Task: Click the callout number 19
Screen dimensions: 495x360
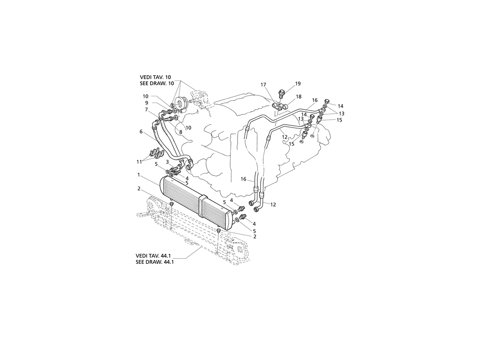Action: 298,84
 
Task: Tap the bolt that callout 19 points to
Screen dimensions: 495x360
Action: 281,94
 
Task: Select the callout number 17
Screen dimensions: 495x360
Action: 263,85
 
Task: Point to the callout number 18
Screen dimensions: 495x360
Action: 298,97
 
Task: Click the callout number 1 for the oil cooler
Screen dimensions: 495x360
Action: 139,174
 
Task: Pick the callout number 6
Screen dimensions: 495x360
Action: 141,132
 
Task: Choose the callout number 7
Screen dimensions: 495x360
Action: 146,110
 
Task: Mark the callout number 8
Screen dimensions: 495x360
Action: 180,132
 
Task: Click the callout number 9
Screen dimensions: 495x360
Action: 147,103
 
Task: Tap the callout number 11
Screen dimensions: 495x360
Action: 139,162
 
